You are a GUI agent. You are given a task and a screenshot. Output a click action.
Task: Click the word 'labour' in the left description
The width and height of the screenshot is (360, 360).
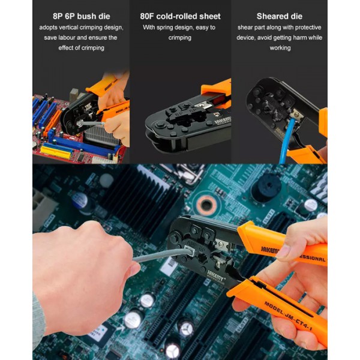[x=72, y=38]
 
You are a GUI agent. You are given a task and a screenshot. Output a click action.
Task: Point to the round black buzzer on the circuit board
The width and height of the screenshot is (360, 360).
[x=266, y=189]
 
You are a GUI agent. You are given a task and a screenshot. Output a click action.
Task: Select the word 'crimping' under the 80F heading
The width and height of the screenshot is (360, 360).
[x=180, y=38]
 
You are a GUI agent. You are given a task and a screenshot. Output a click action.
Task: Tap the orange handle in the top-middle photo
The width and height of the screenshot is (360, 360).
[x=217, y=90]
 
